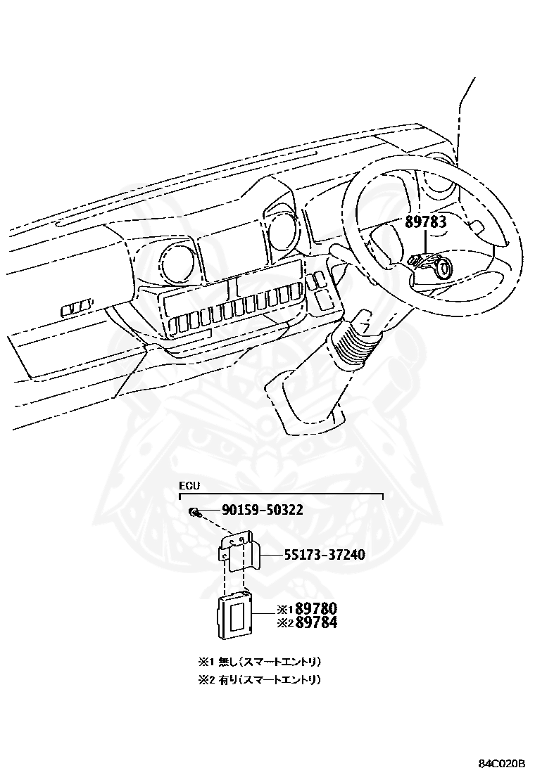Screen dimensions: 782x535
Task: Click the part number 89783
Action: (425, 222)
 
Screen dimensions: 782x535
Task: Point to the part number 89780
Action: (316, 608)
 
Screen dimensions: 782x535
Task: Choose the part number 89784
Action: (316, 622)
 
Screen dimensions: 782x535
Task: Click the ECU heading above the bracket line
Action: (189, 486)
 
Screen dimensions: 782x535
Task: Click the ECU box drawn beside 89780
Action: (235, 614)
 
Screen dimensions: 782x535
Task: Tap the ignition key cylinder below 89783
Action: (442, 268)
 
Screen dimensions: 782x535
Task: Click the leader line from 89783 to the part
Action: (425, 243)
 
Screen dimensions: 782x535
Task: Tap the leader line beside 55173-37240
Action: (271, 555)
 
